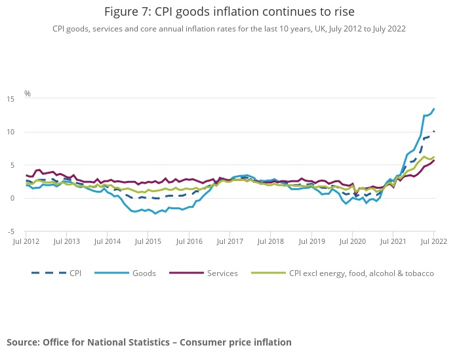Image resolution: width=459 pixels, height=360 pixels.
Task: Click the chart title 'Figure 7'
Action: tap(229, 11)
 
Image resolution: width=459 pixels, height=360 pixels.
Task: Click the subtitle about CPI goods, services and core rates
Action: tap(229, 28)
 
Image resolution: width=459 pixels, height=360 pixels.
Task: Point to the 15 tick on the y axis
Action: tap(11, 98)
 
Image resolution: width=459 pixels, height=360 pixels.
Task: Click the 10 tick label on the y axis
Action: tap(11, 132)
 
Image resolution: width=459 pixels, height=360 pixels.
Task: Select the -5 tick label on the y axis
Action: tap(11, 231)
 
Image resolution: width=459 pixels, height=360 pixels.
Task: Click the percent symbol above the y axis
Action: tap(28, 93)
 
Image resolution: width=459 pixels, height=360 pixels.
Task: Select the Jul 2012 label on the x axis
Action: tap(26, 242)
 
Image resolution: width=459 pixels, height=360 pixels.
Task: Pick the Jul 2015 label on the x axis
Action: tap(148, 242)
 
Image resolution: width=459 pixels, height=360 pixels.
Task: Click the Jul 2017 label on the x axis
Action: tap(229, 242)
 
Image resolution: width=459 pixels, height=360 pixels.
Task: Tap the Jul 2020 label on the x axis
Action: tap(352, 242)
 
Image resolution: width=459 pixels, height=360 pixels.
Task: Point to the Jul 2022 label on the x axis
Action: tap(433, 242)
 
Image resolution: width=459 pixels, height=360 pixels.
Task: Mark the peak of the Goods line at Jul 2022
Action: tap(433, 109)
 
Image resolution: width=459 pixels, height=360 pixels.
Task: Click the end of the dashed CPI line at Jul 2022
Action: tap(433, 132)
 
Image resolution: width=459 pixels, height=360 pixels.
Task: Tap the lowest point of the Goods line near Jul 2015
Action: tap(155, 213)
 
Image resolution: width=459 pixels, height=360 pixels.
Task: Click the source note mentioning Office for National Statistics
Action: tap(149, 342)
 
